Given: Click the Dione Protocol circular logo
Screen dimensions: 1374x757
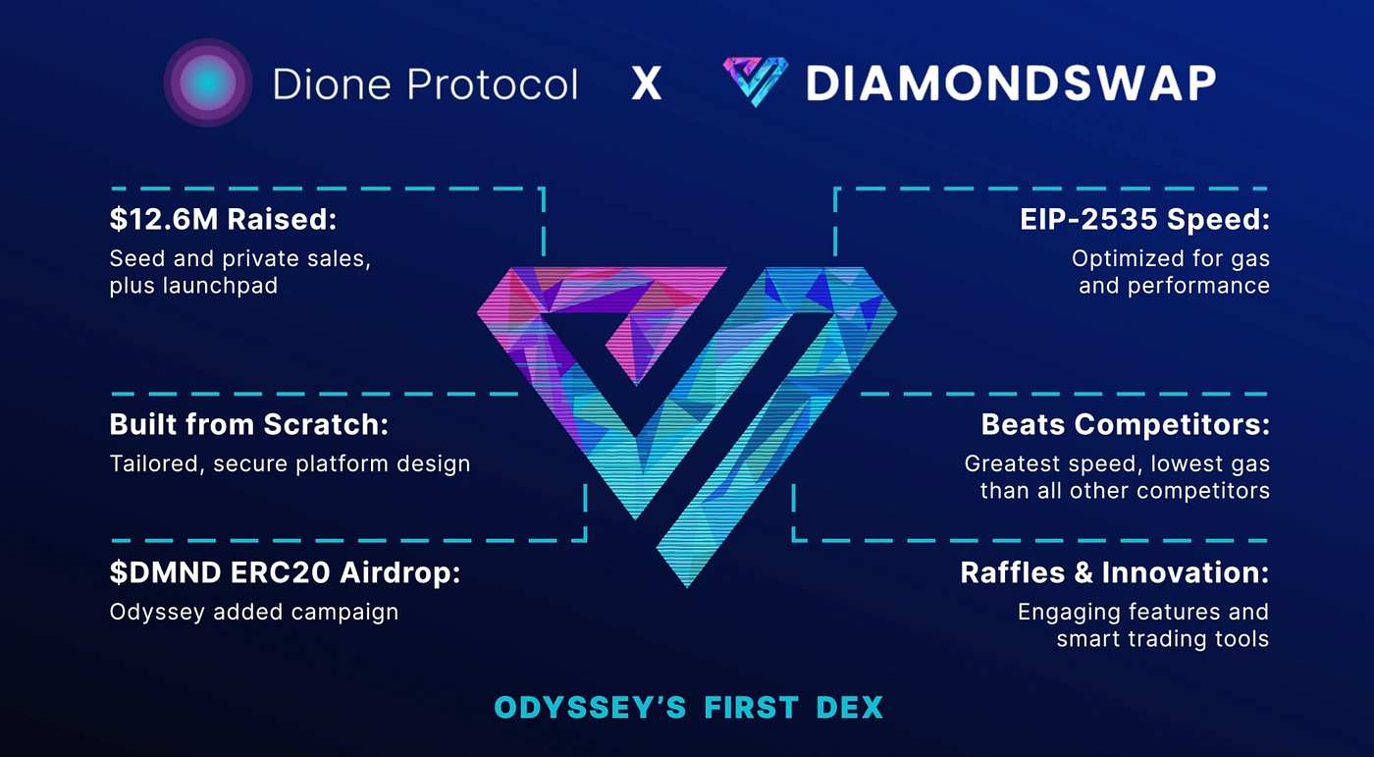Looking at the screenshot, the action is click(x=208, y=82).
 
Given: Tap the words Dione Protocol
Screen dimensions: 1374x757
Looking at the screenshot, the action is click(x=425, y=83).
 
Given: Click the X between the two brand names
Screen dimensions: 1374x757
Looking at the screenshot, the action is click(x=647, y=83).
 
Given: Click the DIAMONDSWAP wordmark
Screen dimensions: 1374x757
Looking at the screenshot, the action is click(x=1011, y=83).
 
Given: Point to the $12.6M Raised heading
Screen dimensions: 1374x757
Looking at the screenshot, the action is click(x=224, y=219).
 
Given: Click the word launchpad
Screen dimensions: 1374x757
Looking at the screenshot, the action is click(x=220, y=287).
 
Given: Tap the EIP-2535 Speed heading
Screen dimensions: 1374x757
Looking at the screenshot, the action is click(x=1144, y=219).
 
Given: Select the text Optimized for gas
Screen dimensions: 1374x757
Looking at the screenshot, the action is click(x=1170, y=259).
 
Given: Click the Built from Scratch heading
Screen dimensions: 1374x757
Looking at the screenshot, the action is click(x=249, y=424).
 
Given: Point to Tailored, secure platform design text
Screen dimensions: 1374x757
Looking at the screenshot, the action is click(x=290, y=463).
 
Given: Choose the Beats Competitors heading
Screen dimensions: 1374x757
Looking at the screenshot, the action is click(x=1125, y=424).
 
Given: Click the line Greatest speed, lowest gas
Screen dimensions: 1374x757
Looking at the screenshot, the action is click(x=1117, y=464).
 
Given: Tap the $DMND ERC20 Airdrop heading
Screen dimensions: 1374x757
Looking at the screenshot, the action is click(x=285, y=573).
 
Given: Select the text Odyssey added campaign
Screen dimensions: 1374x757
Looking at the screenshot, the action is click(x=254, y=613).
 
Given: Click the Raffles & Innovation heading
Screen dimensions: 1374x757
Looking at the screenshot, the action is click(x=1115, y=573).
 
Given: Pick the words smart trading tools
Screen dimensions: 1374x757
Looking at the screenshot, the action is click(x=1162, y=639).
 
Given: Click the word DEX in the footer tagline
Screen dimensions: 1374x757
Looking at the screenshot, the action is click(x=850, y=707).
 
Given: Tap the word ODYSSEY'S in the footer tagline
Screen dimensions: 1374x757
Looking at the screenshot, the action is click(x=590, y=707).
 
